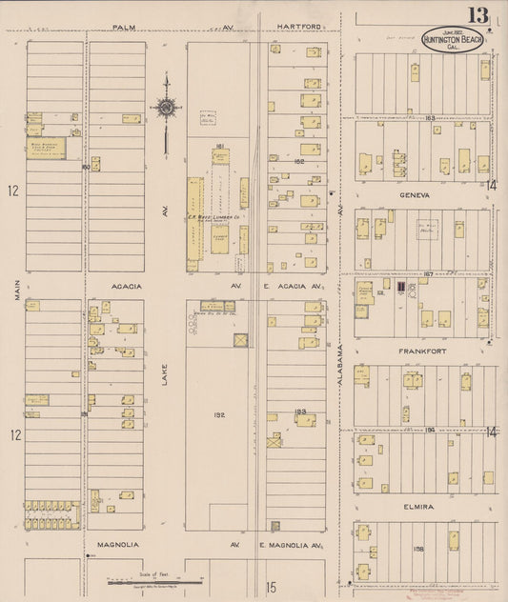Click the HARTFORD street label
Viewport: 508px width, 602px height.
tap(297, 28)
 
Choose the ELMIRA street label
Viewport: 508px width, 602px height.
tap(417, 507)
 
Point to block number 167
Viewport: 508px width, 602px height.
tap(429, 273)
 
